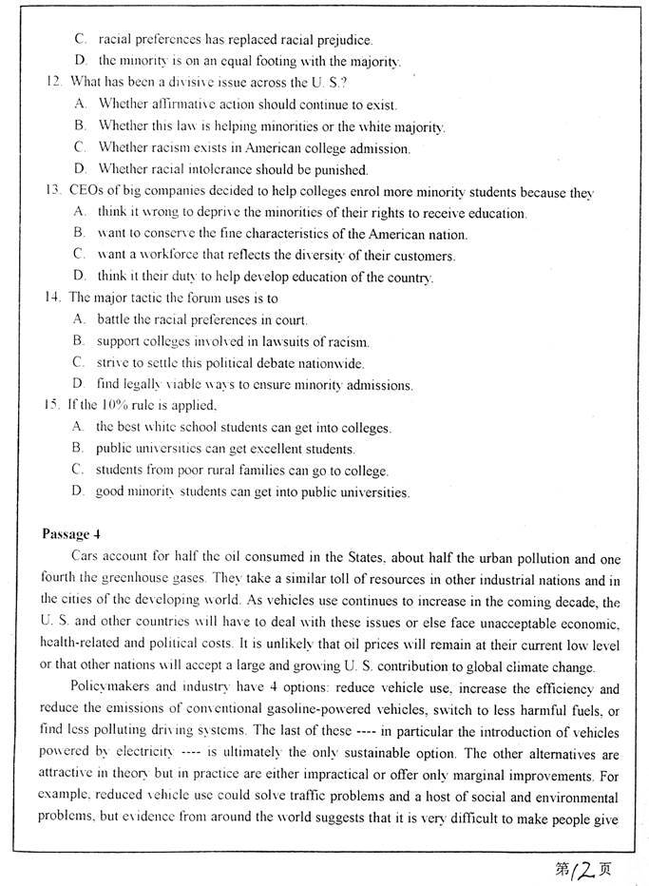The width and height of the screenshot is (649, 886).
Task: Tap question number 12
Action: (x=52, y=82)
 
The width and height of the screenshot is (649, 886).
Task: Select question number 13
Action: (x=53, y=191)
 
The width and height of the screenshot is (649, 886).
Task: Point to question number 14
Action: (x=53, y=298)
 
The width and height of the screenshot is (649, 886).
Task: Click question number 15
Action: (x=53, y=406)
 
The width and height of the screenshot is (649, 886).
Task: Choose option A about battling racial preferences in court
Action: (x=201, y=319)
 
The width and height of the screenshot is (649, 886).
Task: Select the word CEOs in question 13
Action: (x=86, y=191)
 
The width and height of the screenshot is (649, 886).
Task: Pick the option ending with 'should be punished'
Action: (x=232, y=170)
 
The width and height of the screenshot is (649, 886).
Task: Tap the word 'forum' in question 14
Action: (x=193, y=298)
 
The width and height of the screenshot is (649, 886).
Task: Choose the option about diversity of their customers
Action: (x=276, y=255)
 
